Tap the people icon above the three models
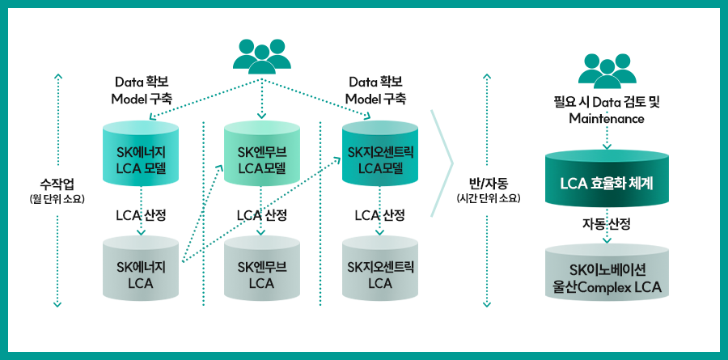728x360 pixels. coord(261,55)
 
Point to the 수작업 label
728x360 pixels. coord(57,181)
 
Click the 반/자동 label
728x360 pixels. coord(487,181)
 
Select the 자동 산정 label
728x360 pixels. coord(607,222)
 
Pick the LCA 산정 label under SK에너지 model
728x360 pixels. coord(142,214)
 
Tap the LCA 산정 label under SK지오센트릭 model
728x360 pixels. coord(380,214)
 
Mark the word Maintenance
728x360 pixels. coord(607,119)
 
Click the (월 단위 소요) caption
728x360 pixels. coord(57,198)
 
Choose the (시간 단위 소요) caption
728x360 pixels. coord(487,198)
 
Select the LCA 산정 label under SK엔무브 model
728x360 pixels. coord(261,214)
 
